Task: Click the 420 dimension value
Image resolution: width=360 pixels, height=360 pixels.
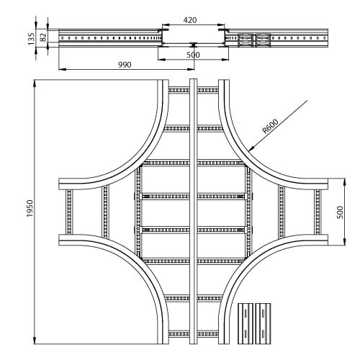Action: [x=190, y=20]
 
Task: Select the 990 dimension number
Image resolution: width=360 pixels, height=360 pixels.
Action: [x=125, y=65]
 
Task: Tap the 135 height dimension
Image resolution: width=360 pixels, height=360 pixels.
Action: [x=31, y=39]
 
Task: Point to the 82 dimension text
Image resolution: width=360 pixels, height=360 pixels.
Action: [x=43, y=37]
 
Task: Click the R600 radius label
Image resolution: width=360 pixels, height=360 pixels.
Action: [x=270, y=126]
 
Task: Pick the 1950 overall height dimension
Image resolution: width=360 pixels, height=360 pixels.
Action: [x=30, y=208]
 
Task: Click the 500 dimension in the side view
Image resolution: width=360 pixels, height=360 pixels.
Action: [x=193, y=55]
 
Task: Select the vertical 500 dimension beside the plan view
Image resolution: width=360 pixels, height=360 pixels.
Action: [x=340, y=212]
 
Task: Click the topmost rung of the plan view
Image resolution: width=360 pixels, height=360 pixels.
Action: [x=194, y=90]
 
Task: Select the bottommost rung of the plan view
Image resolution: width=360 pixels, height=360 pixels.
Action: [x=194, y=334]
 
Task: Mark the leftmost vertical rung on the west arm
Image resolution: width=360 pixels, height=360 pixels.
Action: [x=69, y=212]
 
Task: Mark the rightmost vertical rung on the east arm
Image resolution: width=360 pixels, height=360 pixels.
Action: [x=318, y=212]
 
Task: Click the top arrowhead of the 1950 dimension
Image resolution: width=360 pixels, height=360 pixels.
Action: [x=35, y=83]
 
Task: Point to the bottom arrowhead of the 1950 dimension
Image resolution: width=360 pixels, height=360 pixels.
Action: [x=35, y=341]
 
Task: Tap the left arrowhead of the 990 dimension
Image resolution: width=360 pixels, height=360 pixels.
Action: [x=61, y=70]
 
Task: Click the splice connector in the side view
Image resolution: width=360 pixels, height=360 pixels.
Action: [x=254, y=40]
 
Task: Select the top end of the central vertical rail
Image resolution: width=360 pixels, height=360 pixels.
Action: [x=194, y=80]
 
